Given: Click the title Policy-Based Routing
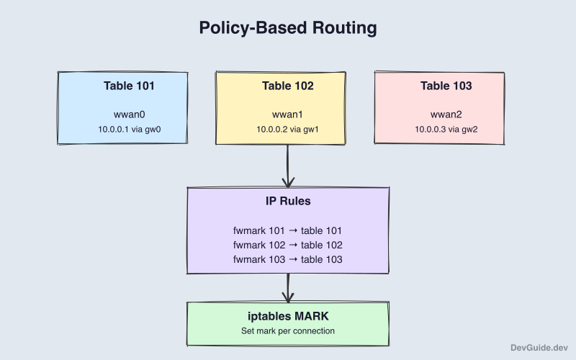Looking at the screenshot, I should (x=288, y=28).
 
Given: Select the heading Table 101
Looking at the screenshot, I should (x=129, y=86).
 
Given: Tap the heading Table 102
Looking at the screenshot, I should (x=287, y=86).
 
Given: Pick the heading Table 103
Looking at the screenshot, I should (x=446, y=86).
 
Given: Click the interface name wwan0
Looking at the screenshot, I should (x=129, y=114).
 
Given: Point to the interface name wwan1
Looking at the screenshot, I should (x=287, y=114).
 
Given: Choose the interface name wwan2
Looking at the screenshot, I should (x=446, y=114).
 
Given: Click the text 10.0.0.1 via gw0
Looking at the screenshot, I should (x=129, y=130).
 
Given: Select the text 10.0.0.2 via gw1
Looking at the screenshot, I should (x=287, y=130).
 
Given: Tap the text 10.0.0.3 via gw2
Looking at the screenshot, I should (x=446, y=130).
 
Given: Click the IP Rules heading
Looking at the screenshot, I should (x=287, y=201).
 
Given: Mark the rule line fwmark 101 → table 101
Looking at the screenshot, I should (x=287, y=230).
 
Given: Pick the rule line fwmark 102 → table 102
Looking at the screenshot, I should (x=287, y=245).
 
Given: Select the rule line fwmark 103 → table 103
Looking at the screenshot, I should (x=287, y=259).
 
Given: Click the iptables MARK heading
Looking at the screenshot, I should (x=287, y=317).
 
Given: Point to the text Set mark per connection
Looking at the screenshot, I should (x=287, y=331).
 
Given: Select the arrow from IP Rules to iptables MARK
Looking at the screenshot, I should (x=288, y=288).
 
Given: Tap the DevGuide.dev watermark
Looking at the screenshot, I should (x=537, y=346).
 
